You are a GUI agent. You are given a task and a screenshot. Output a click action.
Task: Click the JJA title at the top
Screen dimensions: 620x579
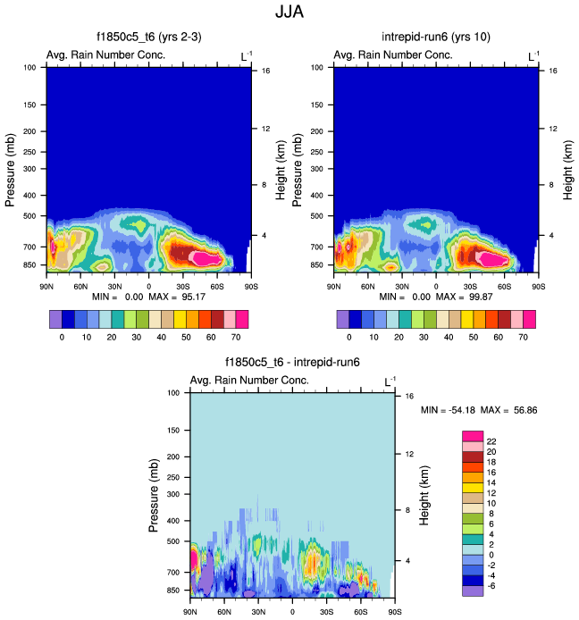289,13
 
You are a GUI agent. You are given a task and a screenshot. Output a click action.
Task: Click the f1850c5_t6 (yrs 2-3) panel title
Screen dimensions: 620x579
148,39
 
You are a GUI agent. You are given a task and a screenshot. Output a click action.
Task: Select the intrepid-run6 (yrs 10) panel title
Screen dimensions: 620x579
436,39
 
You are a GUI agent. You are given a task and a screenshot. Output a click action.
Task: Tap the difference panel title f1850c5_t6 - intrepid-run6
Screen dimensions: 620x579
291,364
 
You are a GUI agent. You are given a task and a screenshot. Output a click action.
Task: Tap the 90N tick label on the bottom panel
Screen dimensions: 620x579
189,612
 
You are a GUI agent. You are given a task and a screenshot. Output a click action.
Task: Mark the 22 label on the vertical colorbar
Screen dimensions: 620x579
491,442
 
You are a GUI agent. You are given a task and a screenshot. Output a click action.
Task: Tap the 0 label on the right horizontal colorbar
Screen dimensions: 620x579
350,338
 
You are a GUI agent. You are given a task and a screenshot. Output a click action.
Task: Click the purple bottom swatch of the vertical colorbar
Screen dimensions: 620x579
473,591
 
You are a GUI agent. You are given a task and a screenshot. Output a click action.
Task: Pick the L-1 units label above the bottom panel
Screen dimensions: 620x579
390,381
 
